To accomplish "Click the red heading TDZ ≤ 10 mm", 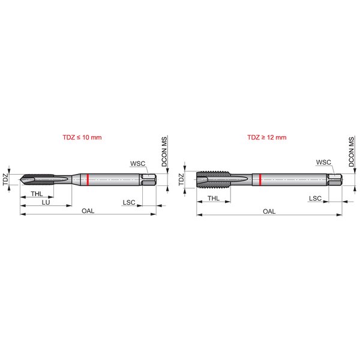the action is click(82, 137).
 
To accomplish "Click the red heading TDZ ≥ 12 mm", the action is click(267, 137).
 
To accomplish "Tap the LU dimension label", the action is click(46, 202).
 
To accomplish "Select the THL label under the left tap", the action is click(37, 194).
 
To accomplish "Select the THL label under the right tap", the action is click(214, 199).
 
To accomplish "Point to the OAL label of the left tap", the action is click(88, 211).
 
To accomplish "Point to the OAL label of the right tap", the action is click(269, 211).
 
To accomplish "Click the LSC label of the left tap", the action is click(129, 202).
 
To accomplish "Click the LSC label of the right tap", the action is click(315, 199).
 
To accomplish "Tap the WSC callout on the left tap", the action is click(138, 163).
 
